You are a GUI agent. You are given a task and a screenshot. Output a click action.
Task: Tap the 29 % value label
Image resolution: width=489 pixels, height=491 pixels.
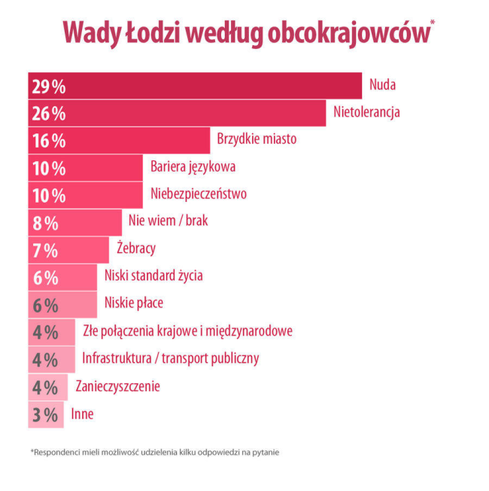(x=48, y=86)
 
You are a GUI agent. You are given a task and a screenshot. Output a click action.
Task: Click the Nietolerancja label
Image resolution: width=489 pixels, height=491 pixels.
(x=366, y=113)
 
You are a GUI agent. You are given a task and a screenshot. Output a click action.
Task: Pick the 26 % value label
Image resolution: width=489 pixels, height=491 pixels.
(x=48, y=114)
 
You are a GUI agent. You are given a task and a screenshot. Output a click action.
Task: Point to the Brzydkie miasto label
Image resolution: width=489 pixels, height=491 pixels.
(x=257, y=139)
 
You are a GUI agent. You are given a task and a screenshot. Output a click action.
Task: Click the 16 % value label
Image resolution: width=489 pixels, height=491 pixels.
(x=48, y=141)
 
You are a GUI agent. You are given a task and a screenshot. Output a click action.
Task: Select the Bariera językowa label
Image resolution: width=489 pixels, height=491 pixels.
(x=193, y=166)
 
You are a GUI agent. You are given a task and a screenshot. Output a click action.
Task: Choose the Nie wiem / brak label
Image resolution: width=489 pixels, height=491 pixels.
(x=168, y=221)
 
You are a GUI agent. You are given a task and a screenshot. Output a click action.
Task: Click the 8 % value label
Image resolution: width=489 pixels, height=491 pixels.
(x=45, y=223)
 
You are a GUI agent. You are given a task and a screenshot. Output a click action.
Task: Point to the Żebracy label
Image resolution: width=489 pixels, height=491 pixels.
(x=136, y=248)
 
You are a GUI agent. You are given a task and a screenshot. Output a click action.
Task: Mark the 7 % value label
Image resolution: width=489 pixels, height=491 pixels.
(x=45, y=250)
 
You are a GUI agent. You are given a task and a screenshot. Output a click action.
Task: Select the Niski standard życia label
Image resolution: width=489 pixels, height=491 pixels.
(x=153, y=276)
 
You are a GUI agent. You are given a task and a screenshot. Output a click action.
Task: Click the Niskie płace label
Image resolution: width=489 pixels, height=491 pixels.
(x=133, y=303)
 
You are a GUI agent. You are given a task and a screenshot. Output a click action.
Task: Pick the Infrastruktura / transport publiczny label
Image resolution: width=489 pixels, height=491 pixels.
(x=170, y=358)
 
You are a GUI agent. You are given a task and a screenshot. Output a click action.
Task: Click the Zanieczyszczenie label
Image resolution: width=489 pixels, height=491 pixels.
(x=117, y=386)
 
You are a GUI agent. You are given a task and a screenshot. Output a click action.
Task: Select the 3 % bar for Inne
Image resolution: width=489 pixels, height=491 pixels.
(x=45, y=414)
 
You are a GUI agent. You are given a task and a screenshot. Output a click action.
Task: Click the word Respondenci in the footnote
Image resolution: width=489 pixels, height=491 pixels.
(x=58, y=453)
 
